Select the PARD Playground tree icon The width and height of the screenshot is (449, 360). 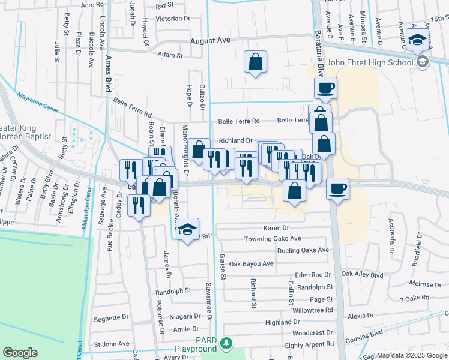pos(226,343)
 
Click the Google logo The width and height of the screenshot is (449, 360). pos(20,353)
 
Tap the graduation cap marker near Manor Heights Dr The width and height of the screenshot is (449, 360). pos(188,229)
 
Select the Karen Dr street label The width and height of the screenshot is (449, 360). pos(276,229)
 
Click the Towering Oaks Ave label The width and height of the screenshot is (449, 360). pos(273,239)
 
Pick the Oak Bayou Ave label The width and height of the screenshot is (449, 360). pos(251,263)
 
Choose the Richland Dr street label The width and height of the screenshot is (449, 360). pos(235,140)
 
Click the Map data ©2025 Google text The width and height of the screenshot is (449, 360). pos(411,355)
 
